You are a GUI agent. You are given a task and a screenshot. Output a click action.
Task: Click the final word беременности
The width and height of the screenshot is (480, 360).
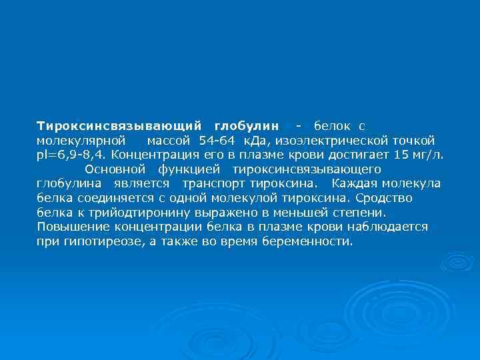(x=314, y=241)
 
